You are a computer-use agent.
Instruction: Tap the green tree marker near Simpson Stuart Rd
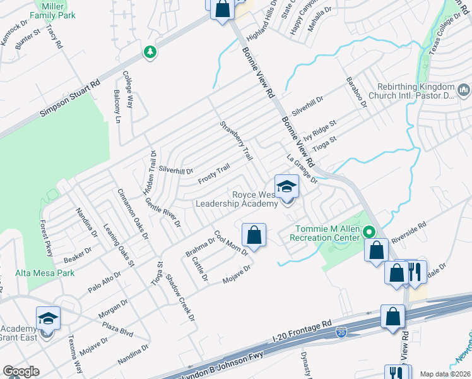150,51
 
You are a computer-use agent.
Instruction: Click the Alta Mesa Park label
45,274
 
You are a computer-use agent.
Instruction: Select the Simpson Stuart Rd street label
70,97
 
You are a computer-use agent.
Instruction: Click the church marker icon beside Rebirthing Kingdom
464,91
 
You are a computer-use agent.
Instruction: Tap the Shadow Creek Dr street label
180,299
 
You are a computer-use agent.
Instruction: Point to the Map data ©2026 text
445,374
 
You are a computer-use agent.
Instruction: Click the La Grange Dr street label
301,167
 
